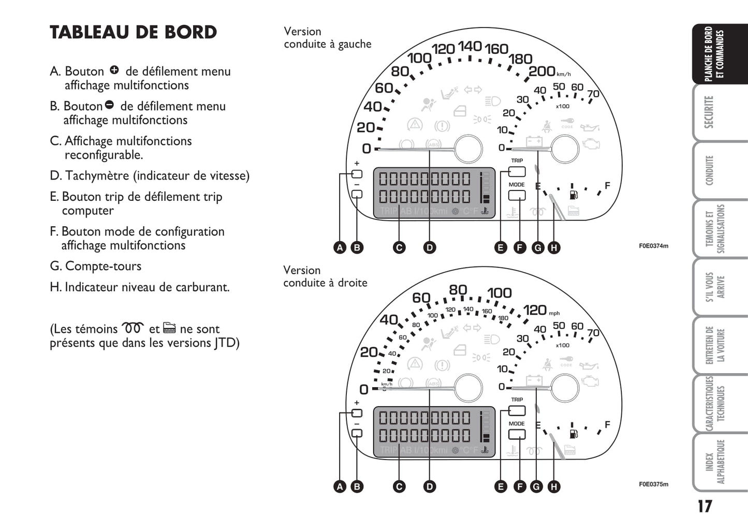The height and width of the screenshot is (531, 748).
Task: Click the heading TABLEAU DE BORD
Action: click(133, 32)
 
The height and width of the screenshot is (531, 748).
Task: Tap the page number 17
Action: click(705, 506)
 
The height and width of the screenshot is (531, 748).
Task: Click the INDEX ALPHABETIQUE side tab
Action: click(715, 462)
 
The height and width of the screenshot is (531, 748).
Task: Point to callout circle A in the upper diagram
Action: click(340, 247)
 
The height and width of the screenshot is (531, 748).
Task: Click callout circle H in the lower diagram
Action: click(554, 486)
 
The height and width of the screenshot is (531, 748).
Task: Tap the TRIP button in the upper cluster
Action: click(517, 171)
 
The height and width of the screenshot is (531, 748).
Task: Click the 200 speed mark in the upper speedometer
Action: click(542, 71)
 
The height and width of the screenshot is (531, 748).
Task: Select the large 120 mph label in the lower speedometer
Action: click(535, 310)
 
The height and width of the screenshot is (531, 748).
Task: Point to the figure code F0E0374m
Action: click(653, 246)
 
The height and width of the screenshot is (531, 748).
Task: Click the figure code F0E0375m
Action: click(653, 484)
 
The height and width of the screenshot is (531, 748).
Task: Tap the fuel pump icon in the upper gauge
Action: click(573, 195)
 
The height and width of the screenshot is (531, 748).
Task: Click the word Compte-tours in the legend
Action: click(103, 266)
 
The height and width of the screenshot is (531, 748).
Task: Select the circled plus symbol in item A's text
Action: click(114, 70)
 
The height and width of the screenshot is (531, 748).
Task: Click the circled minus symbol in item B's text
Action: click(109, 105)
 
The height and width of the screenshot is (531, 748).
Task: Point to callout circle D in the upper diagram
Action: click(430, 247)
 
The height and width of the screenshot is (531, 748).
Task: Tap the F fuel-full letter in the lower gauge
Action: click(607, 424)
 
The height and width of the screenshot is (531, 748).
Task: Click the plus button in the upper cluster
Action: click(357, 174)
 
